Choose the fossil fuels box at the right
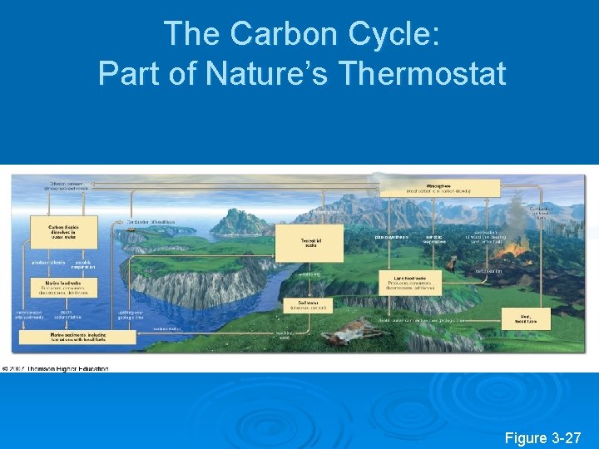(526, 317)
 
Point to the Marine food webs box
(62, 288)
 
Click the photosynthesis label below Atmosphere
(390, 237)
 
